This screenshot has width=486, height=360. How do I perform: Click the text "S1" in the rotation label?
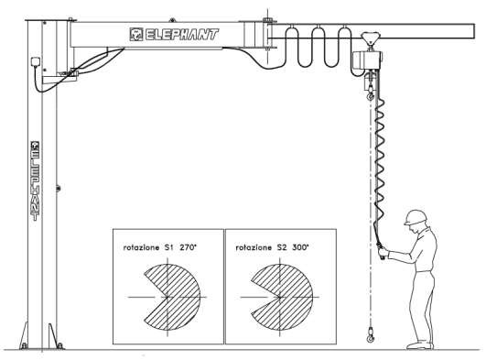click(x=170, y=247)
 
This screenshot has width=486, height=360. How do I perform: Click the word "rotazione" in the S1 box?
click(x=140, y=247)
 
